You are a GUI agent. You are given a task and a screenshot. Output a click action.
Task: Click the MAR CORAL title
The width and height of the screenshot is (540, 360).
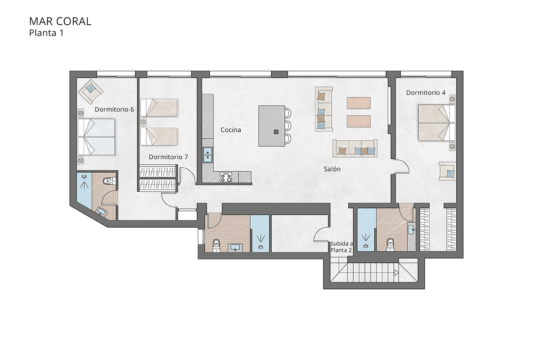click(x=60, y=21)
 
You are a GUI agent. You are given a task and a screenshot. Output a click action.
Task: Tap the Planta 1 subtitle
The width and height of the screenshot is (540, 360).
click(x=46, y=32)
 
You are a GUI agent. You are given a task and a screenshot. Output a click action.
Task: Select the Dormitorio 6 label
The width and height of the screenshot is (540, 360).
click(x=114, y=109)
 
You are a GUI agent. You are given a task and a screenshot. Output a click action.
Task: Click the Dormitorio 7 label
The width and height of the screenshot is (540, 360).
click(x=168, y=157)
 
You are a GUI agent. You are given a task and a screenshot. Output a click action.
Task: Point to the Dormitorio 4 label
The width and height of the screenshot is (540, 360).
click(x=426, y=93)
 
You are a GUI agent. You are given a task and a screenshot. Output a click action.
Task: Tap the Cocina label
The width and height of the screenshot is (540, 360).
click(x=231, y=130)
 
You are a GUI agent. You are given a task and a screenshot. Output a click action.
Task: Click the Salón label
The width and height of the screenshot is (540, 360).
click(x=332, y=169)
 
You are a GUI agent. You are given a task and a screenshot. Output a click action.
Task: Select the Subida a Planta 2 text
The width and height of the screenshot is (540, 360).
click(x=342, y=246)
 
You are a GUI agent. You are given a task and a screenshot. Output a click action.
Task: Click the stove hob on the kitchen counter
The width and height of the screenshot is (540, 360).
click(x=226, y=178)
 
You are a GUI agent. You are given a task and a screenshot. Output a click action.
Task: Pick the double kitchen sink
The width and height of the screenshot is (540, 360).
click(x=207, y=154)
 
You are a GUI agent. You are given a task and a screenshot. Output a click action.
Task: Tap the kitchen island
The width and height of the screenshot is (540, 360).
click(x=272, y=126)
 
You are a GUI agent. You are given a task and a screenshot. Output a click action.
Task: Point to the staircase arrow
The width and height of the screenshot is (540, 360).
click(x=396, y=272)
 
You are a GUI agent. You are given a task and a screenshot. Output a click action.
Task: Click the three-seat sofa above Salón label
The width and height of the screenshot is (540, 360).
click(x=354, y=148)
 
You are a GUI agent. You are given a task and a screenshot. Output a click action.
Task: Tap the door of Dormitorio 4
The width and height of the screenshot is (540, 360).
click(x=402, y=166)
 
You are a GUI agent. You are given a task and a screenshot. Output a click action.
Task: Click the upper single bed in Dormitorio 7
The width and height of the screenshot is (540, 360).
click(x=159, y=108)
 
